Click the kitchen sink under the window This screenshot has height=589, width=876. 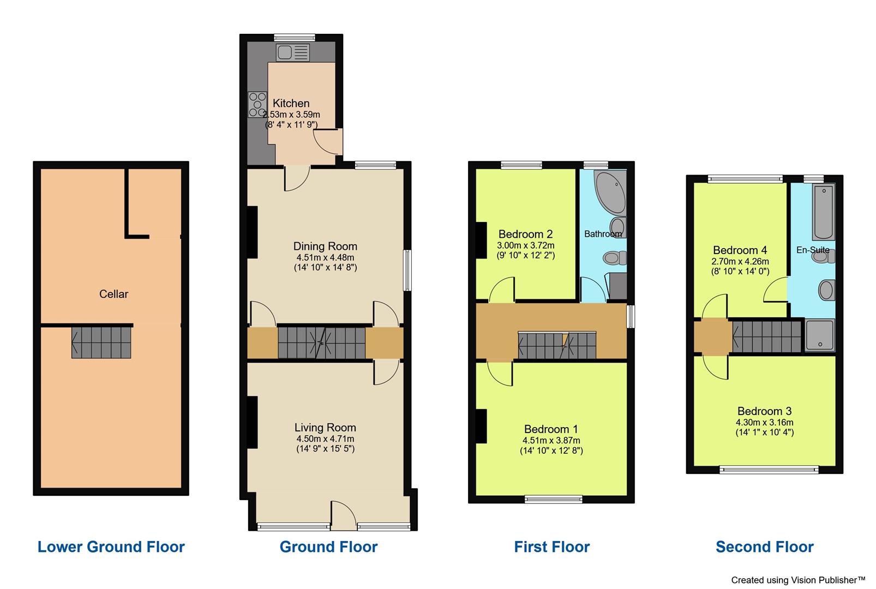point(293,53)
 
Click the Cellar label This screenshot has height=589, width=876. point(113,294)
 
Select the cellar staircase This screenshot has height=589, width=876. point(101,342)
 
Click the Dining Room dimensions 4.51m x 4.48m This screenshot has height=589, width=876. point(325,257)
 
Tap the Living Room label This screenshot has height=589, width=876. point(325,428)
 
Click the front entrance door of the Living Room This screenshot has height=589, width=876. point(344,517)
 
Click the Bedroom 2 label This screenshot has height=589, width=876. point(525,234)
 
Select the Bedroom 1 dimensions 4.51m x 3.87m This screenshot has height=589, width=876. point(551,441)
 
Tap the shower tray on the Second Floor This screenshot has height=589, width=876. point(820,334)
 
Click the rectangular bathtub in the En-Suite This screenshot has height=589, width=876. point(823,212)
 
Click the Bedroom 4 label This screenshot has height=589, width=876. point(740,250)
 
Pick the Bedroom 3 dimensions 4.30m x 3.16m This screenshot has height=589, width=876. point(764,422)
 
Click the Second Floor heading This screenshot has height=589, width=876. point(764,546)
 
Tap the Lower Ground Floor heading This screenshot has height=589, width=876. point(111,546)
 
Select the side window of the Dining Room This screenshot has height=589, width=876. point(407,270)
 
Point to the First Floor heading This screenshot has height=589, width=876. point(551,546)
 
